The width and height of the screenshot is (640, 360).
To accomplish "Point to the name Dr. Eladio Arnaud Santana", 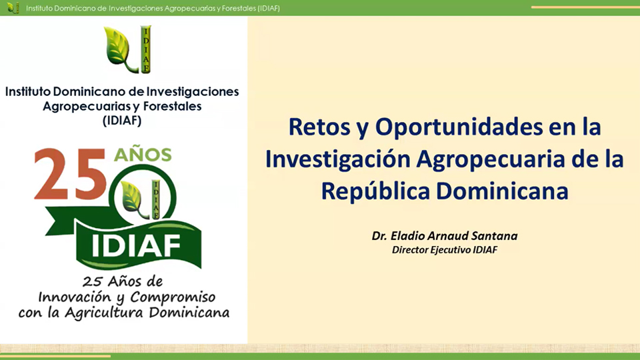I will click(445, 236).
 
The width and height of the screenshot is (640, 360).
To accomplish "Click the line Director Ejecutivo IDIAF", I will click(445, 250).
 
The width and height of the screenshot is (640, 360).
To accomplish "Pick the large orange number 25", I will click(70, 175).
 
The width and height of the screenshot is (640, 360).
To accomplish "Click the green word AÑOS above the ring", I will click(143, 155).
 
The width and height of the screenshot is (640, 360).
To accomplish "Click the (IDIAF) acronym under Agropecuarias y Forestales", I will click(122, 121).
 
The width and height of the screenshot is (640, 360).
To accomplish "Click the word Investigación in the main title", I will click(337, 160).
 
